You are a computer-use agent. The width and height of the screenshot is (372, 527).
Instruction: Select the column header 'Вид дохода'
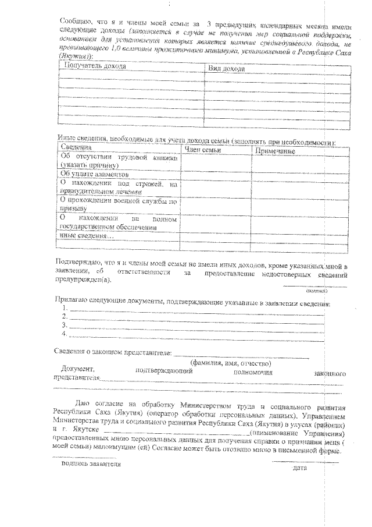pyautogui.click(x=226, y=69)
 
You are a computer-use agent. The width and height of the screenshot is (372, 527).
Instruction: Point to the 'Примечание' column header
pyautogui.click(x=274, y=151)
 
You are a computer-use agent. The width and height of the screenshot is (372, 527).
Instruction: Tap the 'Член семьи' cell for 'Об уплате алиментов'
pyautogui.click(x=215, y=174)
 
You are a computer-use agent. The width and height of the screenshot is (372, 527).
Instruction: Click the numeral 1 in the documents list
pyautogui.click(x=65, y=307)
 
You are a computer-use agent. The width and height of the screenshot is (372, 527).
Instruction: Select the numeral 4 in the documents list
pyautogui.click(x=65, y=334)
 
